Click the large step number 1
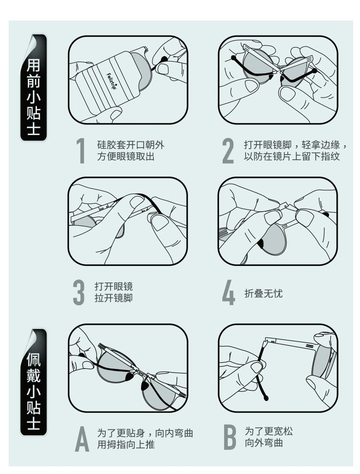(x=81, y=151)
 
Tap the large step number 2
(x=228, y=151)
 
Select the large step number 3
(x=79, y=292)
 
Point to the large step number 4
(x=229, y=292)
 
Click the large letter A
(x=82, y=438)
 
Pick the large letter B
(x=230, y=437)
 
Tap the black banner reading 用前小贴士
(x=34, y=87)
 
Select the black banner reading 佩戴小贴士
(x=34, y=382)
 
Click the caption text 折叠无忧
(x=263, y=293)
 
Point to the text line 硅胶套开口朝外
(x=130, y=145)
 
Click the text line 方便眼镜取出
(x=126, y=156)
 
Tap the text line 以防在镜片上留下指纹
(x=292, y=156)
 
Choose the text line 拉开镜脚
(x=113, y=298)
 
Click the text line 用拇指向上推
(x=126, y=444)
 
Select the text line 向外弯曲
(x=264, y=443)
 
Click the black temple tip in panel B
(x=266, y=398)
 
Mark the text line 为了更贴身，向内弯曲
(x=145, y=433)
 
